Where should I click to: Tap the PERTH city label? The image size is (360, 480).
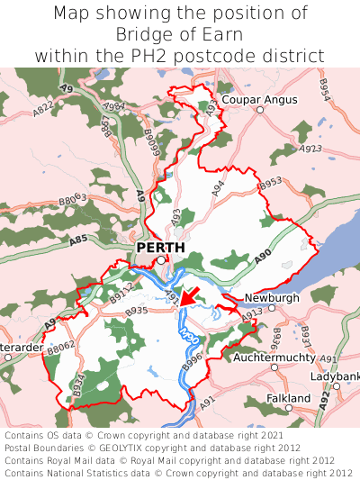160,248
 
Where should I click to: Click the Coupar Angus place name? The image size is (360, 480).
258,98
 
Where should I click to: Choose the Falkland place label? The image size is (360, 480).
289,398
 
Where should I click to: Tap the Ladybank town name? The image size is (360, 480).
336,376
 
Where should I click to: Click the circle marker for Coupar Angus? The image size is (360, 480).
259,110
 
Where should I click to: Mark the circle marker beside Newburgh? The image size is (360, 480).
270,306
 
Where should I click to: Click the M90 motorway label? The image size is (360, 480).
188,335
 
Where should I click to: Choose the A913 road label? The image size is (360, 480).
252,312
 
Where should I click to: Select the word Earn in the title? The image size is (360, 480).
224,34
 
